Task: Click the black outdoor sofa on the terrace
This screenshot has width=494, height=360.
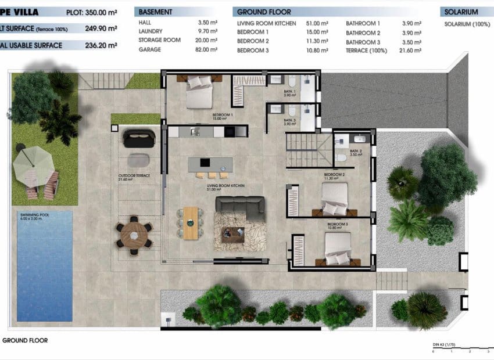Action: click(139, 138)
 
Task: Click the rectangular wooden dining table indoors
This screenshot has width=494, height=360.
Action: click(190, 222)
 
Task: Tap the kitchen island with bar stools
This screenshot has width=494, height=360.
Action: click(210, 164)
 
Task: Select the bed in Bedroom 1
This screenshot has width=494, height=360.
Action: click(199, 93)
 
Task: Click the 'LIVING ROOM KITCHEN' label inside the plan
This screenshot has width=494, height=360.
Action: click(226, 187)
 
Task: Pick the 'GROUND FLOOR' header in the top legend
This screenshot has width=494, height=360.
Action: click(264, 12)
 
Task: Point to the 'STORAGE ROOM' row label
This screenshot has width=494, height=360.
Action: click(159, 41)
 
